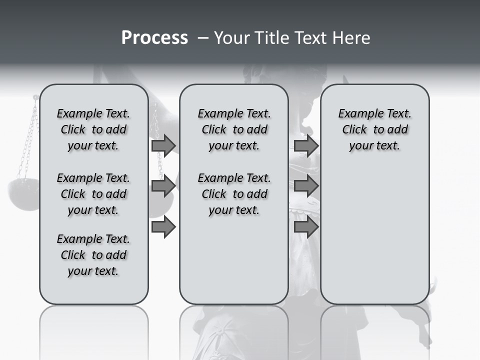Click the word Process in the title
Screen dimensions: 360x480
coord(154,38)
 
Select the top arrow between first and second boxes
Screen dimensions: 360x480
coord(163,145)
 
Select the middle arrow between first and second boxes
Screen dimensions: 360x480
coord(163,186)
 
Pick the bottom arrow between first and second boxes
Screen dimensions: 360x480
coord(163,227)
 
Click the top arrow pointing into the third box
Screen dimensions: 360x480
coord(306,145)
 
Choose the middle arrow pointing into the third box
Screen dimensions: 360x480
coord(306,186)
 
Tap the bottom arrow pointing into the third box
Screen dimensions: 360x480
coord(306,227)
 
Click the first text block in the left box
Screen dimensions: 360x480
coord(93,129)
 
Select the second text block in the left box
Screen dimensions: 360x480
coord(93,194)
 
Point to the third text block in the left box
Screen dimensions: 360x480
coord(93,255)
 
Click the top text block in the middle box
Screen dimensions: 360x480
coord(234,129)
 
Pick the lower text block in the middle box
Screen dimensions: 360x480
coord(234,194)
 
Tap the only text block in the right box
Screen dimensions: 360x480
coord(374,129)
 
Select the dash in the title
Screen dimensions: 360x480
coord(203,38)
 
